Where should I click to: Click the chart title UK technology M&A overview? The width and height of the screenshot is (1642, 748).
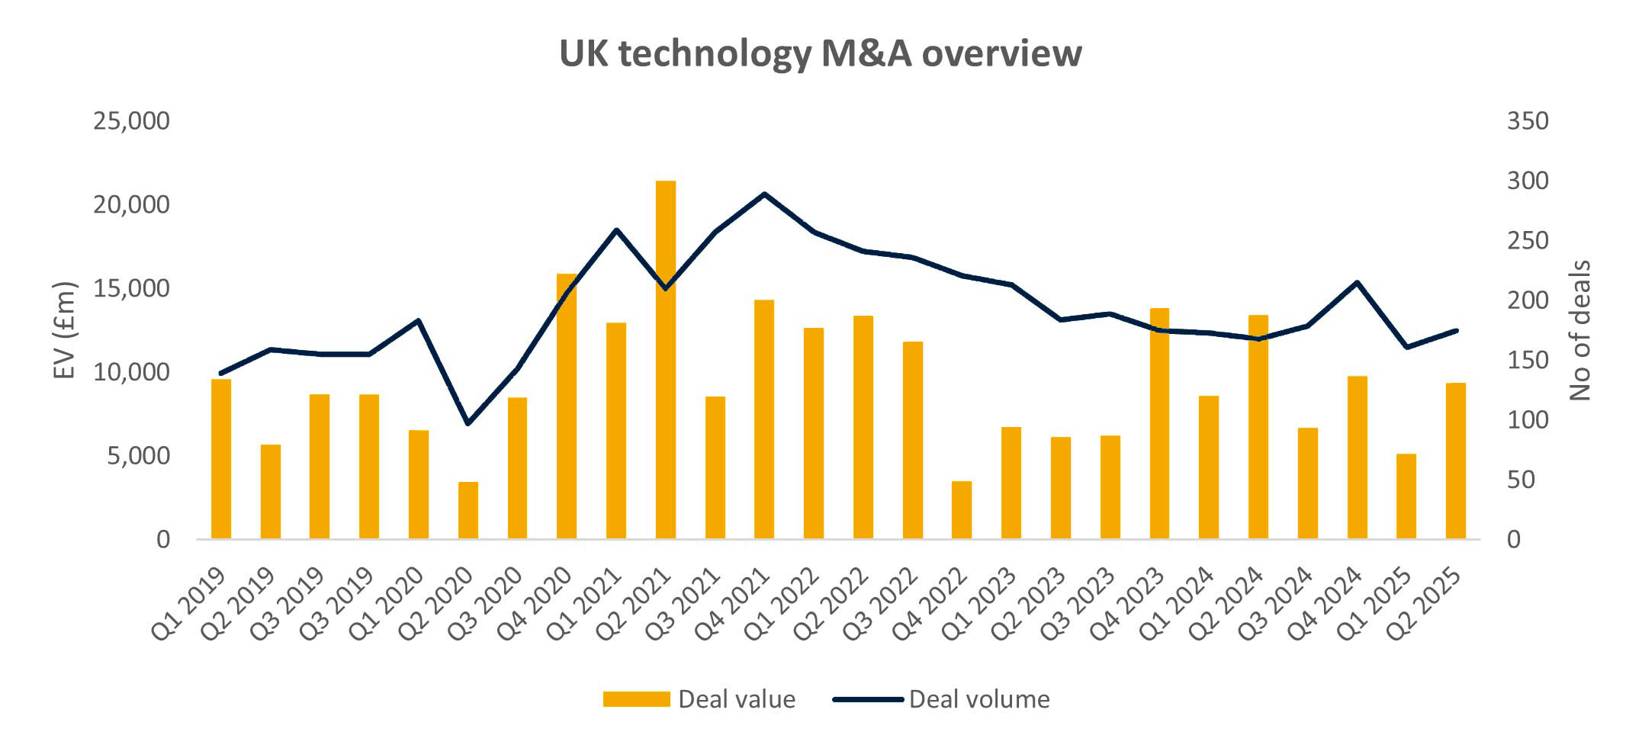(x=820, y=53)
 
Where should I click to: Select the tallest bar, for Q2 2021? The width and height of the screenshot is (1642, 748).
(x=666, y=358)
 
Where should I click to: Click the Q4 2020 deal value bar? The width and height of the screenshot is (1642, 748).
(x=567, y=406)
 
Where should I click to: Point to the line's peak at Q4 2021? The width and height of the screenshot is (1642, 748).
(x=764, y=194)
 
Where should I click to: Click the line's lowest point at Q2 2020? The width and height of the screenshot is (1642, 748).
(x=468, y=423)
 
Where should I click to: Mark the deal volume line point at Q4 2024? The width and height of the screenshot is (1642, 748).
(x=1357, y=282)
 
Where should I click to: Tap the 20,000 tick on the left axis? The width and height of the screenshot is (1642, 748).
(x=131, y=204)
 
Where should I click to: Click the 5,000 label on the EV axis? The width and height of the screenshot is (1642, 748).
(x=137, y=456)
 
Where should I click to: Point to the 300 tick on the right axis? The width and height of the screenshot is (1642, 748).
(x=1528, y=181)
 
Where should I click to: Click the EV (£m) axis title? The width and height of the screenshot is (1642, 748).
(x=66, y=329)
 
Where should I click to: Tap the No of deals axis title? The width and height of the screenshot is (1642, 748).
(x=1580, y=329)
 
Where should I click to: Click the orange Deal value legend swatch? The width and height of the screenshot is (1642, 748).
(x=636, y=698)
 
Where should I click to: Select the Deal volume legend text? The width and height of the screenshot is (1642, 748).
(x=979, y=698)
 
